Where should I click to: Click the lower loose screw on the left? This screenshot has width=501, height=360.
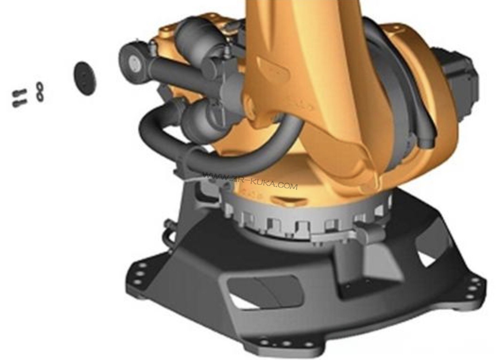coord(20,103)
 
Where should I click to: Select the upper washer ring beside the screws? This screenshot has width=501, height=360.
coord(40,86)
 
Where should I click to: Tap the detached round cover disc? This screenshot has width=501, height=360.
coord(85,79)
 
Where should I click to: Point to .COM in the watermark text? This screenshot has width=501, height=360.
coord(288,186)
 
